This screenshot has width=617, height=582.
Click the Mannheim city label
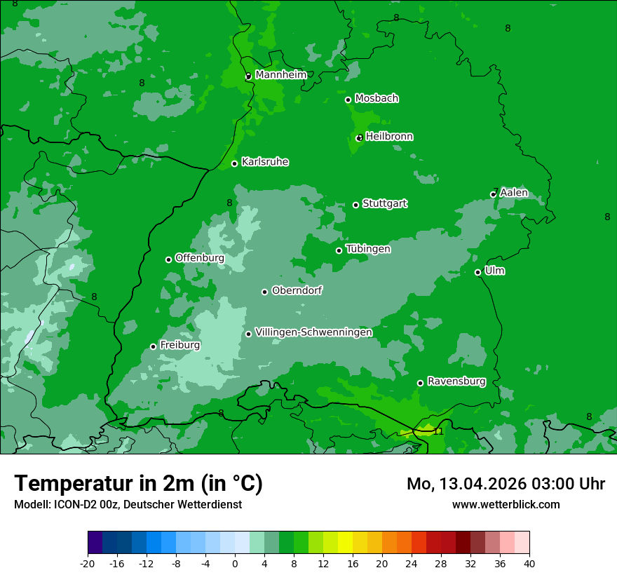pos(280,75)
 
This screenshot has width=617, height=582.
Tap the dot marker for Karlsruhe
pos(235,164)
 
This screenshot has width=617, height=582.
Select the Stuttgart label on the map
pos(384,204)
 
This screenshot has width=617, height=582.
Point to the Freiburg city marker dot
pos(153,346)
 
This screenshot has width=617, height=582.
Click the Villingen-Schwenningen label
pos(313,332)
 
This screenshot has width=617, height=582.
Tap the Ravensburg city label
pos(456,382)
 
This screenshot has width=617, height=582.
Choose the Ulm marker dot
pos(477,272)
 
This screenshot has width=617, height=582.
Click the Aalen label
pos(513,193)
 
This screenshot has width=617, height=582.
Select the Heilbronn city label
pos(389,137)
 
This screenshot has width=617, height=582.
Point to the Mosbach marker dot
pos(348,100)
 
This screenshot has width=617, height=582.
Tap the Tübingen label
pos(367,249)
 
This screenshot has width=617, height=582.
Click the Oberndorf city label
pos(297,290)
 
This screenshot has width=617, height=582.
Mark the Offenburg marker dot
pos(168,259)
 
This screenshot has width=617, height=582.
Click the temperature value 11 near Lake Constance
pos(438,431)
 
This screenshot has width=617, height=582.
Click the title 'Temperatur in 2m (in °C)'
pos(138,484)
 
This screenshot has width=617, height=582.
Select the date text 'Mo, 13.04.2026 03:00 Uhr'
pos(506,484)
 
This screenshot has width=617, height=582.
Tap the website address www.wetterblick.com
pos(506,504)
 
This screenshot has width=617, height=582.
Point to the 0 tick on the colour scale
pos(235,564)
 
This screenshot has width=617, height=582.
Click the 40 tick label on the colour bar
pos(529,564)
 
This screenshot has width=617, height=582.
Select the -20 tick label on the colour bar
pos(88,564)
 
